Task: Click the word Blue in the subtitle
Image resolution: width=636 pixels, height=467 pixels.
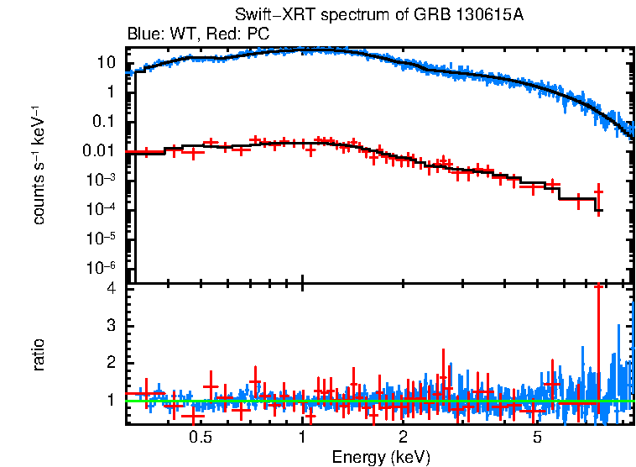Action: pos(143,34)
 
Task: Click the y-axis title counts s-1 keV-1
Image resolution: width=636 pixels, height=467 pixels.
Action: pos(39,165)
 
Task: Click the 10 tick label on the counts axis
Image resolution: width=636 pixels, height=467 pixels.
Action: pos(106,63)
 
